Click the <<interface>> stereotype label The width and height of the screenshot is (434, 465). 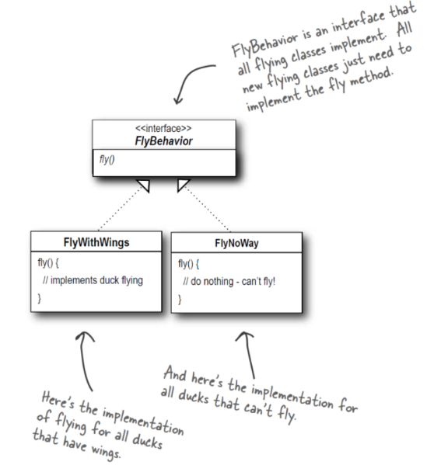click(163, 129)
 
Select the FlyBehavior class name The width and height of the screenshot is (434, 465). click(163, 141)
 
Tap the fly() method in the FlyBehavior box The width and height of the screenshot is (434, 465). click(107, 160)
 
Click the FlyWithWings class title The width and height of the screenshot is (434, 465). click(96, 242)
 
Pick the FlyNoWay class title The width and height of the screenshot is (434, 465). click(236, 243)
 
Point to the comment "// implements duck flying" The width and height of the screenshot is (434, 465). click(93, 280)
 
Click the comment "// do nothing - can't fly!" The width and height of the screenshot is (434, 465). click(229, 281)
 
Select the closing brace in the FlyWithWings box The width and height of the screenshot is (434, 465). click(39, 298)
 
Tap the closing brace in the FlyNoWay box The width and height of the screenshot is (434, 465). click(180, 299)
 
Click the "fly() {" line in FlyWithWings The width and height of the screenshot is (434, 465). click(48, 262)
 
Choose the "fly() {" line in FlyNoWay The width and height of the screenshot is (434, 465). click(189, 264)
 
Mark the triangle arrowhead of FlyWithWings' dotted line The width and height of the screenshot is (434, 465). click(143, 186)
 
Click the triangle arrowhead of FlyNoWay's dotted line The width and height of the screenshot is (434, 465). click(184, 185)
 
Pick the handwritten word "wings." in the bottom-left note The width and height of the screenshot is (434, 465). click(106, 453)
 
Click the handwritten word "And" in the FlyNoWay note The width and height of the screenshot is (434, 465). click(175, 373)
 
